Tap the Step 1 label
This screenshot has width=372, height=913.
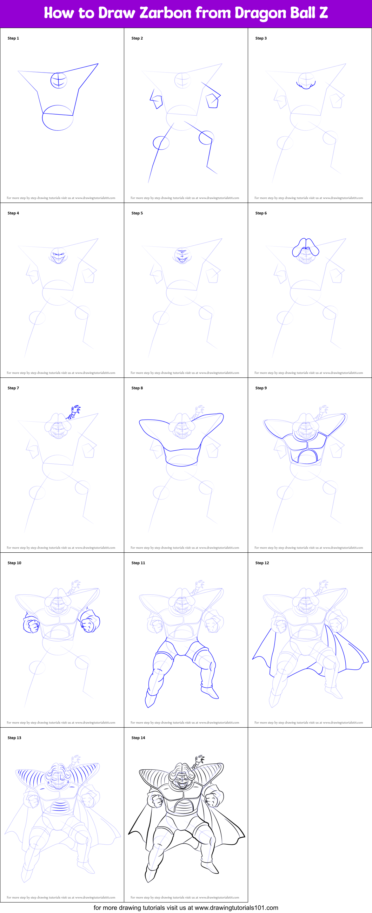click(x=13, y=38)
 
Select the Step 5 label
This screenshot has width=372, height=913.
click(x=137, y=213)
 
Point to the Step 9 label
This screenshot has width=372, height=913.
click(x=261, y=388)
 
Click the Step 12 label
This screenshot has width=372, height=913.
click(x=262, y=563)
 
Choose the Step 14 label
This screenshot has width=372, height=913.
click(x=138, y=737)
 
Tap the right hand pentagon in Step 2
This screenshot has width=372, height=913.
click(x=213, y=100)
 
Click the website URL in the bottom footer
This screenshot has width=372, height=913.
click(x=237, y=907)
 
